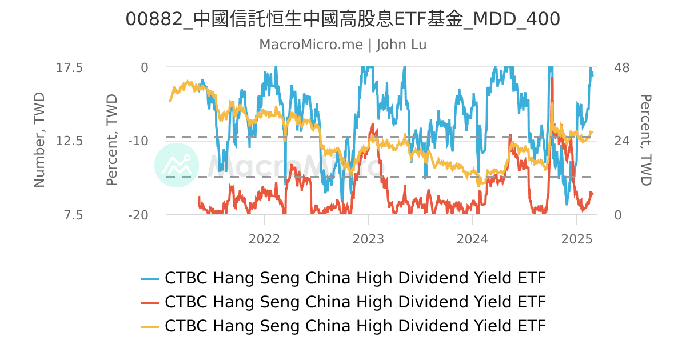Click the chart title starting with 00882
pyautogui.click(x=342, y=19)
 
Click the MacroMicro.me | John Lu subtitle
pyautogui.click(x=342, y=45)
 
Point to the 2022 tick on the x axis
pyautogui.click(x=264, y=238)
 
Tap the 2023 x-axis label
pyautogui.click(x=369, y=238)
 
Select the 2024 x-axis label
pyautogui.click(x=473, y=238)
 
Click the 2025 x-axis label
pyautogui.click(x=577, y=238)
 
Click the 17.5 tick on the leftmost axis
pyautogui.click(x=69, y=68)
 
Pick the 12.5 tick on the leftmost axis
pyautogui.click(x=69, y=141)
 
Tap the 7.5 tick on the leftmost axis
pyautogui.click(x=73, y=215)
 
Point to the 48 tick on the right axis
pyautogui.click(x=621, y=68)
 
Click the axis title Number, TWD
pyautogui.click(x=39, y=140)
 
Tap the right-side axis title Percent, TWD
pyautogui.click(x=646, y=140)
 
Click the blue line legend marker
pyautogui.click(x=150, y=278)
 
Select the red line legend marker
pyautogui.click(x=150, y=302)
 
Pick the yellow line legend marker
pyautogui.click(x=150, y=326)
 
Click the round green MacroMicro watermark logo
pyautogui.click(x=177, y=166)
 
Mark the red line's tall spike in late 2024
pyautogui.click(x=552, y=80)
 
